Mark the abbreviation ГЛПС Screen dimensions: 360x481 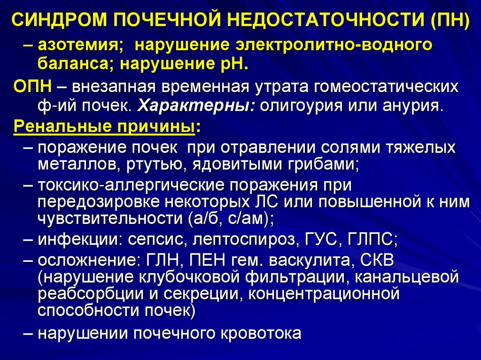[x=372, y=239]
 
